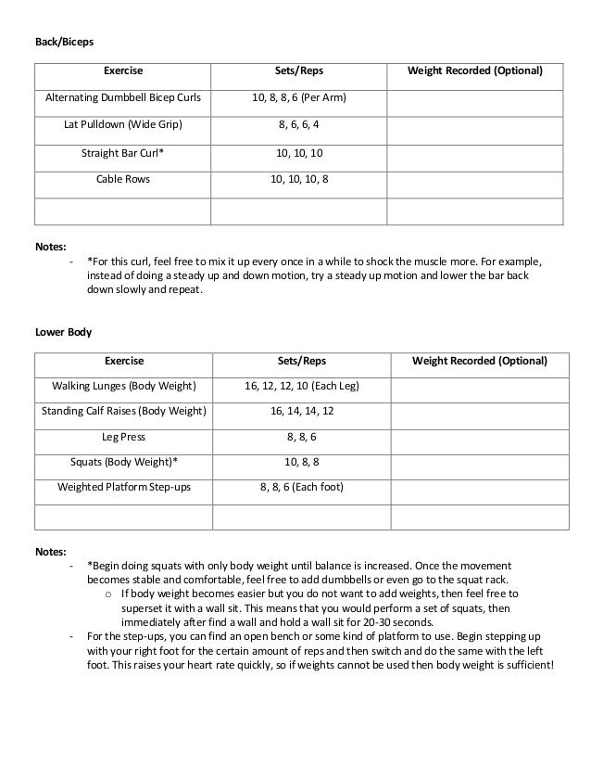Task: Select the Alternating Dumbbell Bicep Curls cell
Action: point(123,97)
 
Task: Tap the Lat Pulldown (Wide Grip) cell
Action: point(123,124)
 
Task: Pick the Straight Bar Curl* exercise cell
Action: point(123,152)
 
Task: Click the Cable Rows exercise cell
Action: point(123,180)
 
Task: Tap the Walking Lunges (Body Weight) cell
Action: point(123,385)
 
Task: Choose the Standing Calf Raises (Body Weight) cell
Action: point(123,410)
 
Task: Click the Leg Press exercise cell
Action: point(123,436)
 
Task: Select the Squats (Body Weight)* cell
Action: point(123,461)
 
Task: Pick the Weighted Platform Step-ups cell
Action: point(123,486)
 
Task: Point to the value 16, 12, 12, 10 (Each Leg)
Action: point(301,385)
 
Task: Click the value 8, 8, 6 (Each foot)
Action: point(301,486)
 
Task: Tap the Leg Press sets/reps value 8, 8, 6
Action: point(301,436)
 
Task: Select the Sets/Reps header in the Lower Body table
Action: point(301,360)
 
